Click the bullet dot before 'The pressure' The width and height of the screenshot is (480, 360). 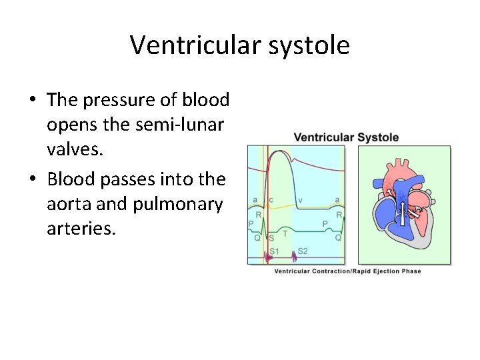click(32, 101)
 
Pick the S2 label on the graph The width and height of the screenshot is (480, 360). click(302, 251)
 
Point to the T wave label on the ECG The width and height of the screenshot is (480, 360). click(285, 233)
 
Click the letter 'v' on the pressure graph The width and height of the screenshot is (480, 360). click(300, 200)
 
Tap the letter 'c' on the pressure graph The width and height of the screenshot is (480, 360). click(271, 200)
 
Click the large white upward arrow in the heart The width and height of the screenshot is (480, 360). click(403, 203)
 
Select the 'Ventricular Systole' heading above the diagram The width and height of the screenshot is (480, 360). click(346, 138)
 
